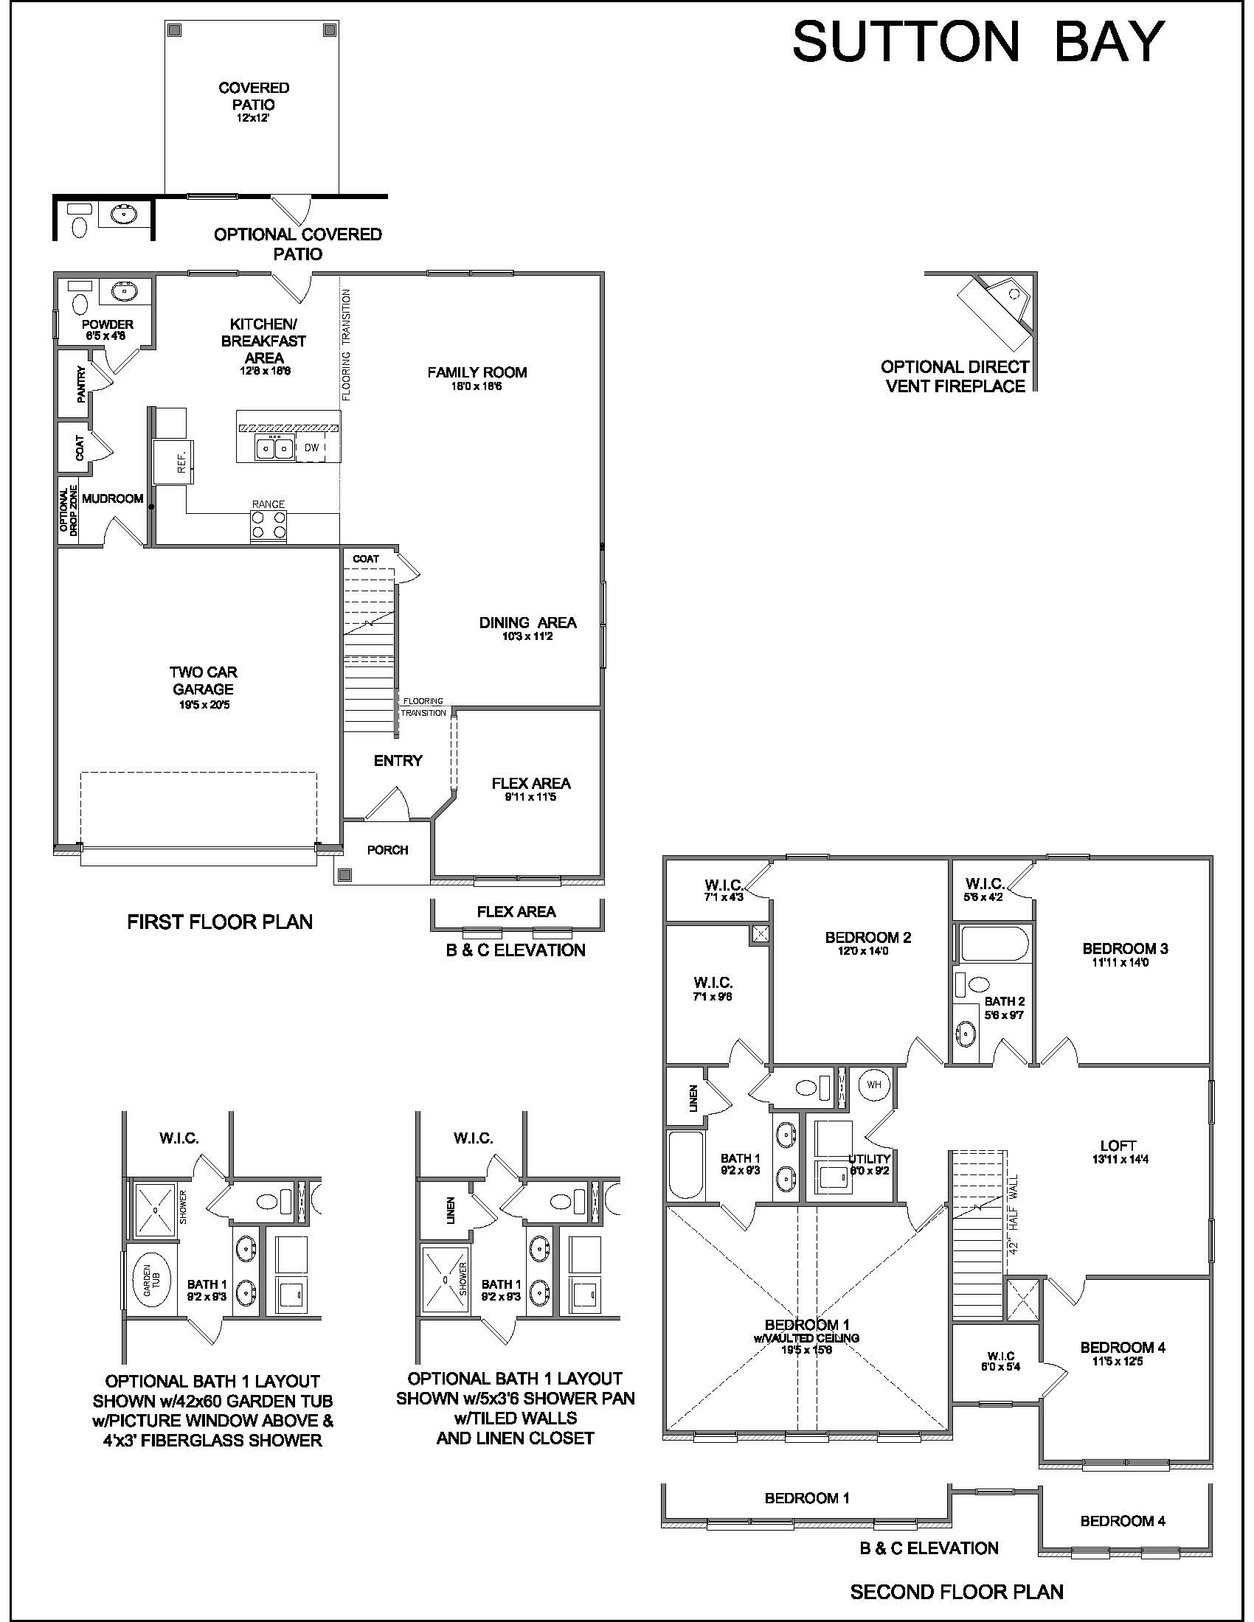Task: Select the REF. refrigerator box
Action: pos(173,462)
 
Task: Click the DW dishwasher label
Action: pos(311,448)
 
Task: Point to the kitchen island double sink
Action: pos(274,448)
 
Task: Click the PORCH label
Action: pos(388,849)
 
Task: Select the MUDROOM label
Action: pos(113,498)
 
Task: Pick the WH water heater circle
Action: pos(873,1085)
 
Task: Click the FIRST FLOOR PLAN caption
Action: pos(220,922)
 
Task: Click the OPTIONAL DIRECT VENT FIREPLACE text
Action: pos(955,377)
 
